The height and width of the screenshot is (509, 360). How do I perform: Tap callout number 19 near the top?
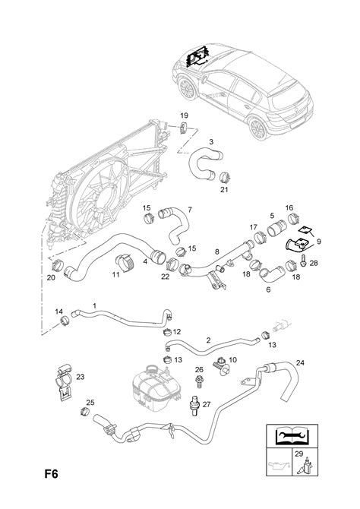click(183, 115)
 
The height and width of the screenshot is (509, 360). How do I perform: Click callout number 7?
click(189, 209)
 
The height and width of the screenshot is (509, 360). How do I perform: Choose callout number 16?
click(289, 207)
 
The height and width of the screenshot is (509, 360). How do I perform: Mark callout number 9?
click(318, 242)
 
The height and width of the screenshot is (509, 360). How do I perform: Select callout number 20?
click(51, 277)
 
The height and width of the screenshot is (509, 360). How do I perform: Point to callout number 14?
click(59, 311)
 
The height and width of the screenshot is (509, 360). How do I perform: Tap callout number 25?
click(90, 402)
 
